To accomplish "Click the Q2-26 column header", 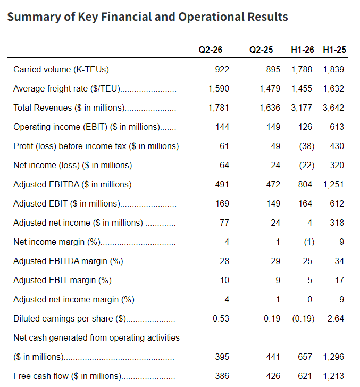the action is pyautogui.click(x=211, y=50).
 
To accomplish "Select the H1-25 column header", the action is pyautogui.click(x=334, y=50).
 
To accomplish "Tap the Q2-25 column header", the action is pyautogui.click(x=261, y=50).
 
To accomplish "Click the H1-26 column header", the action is pyautogui.click(x=302, y=50).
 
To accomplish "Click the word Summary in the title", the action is pyautogui.click(x=34, y=17).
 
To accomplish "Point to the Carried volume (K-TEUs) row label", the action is pyautogui.click(x=61, y=70).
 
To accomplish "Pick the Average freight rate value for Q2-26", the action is pyautogui.click(x=219, y=88).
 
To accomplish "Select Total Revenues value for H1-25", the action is pyautogui.click(x=333, y=108).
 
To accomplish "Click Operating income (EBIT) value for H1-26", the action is pyautogui.click(x=305, y=127).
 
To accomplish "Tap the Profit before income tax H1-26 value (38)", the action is pyautogui.click(x=307, y=146).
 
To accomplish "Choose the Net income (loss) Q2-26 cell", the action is pyautogui.click(x=224, y=165).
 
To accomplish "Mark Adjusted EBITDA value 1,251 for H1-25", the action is pyautogui.click(x=333, y=184).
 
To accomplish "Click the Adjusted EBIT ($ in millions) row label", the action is pyautogui.click(x=67, y=204).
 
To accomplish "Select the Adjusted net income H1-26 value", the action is pyautogui.click(x=309, y=223).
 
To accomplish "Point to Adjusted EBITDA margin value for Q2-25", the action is pyautogui.click(x=275, y=261).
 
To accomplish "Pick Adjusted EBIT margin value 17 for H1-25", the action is pyautogui.click(x=339, y=280).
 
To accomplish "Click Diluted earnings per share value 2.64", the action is pyautogui.click(x=336, y=318).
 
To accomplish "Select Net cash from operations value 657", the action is pyautogui.click(x=305, y=357).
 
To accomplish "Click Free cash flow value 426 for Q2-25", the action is pyautogui.click(x=273, y=376).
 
